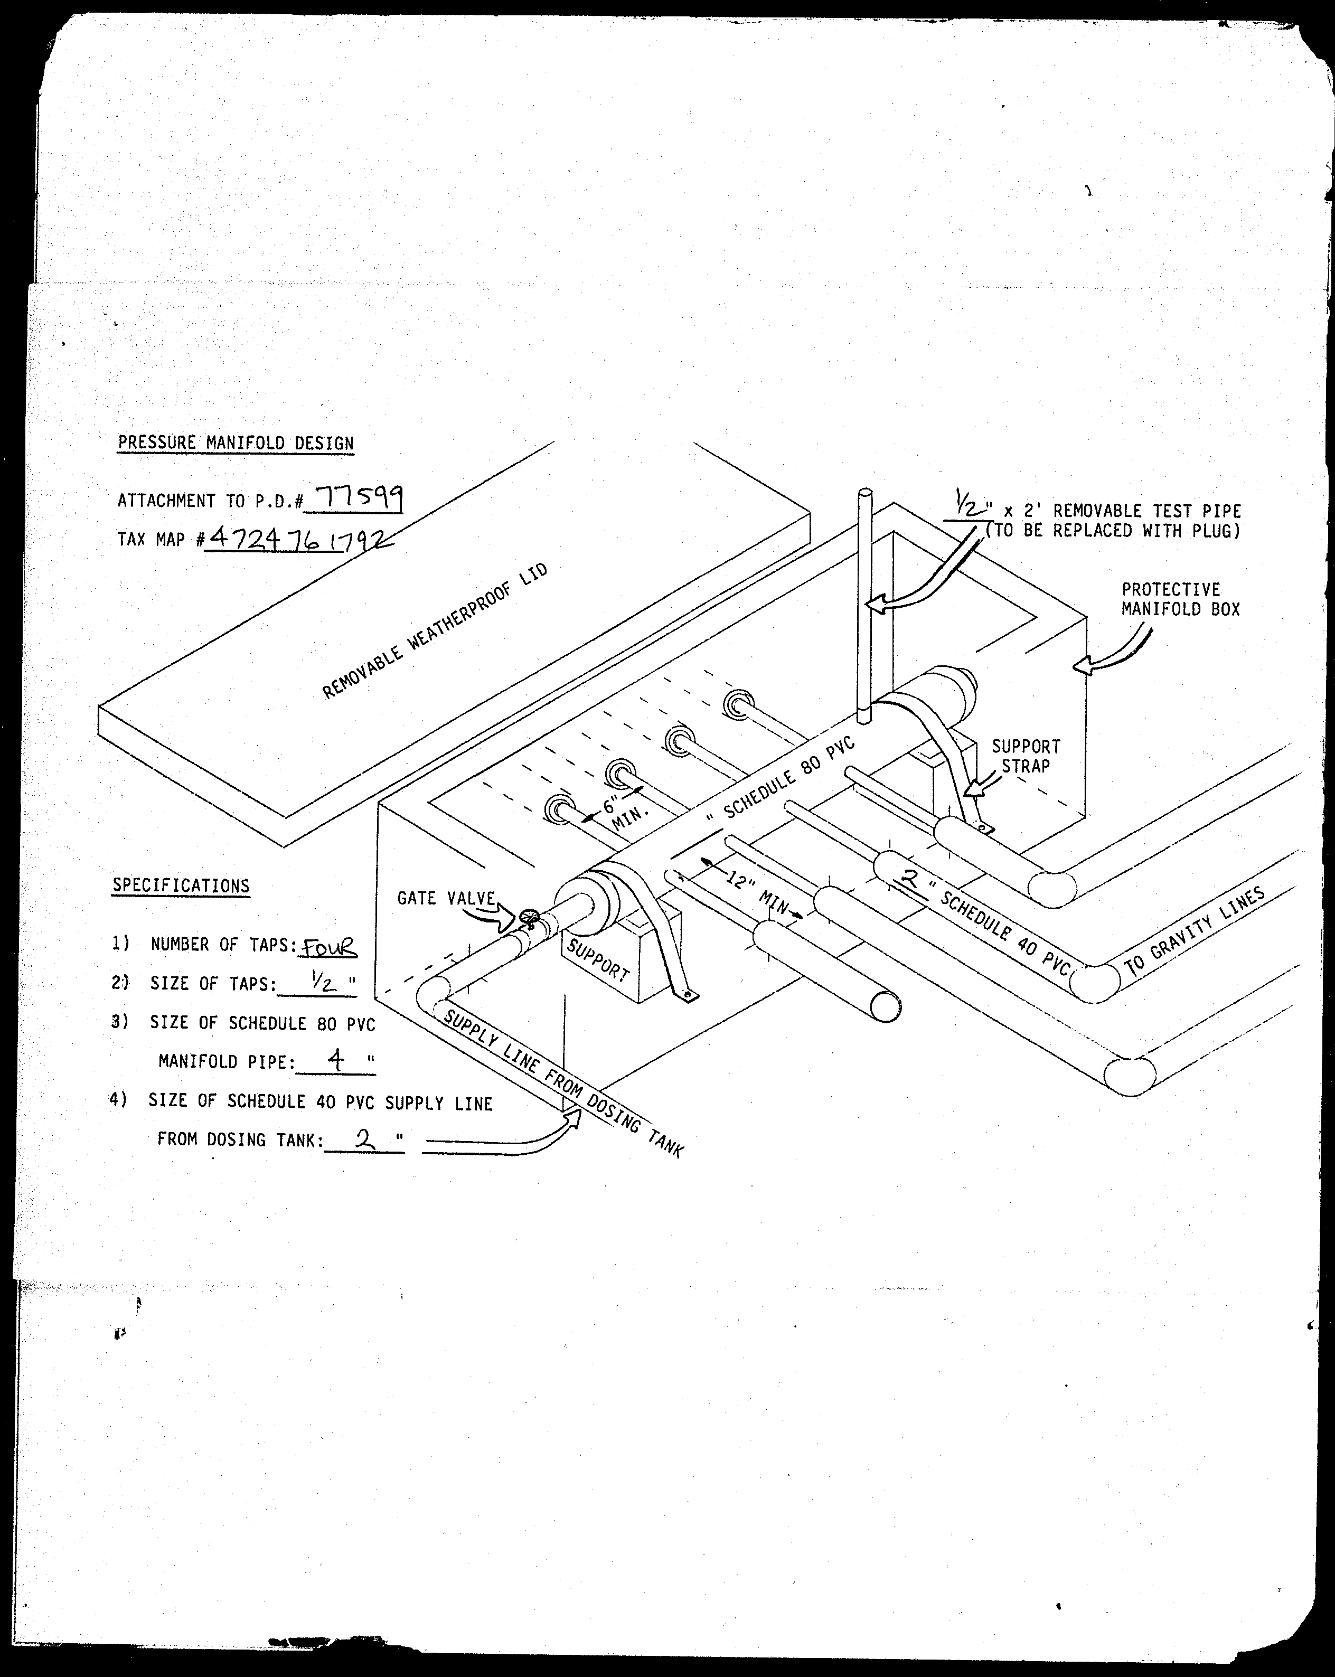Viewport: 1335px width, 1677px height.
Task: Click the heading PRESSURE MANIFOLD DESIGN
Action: click(x=236, y=442)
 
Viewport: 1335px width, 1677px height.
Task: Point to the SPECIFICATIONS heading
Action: click(x=181, y=885)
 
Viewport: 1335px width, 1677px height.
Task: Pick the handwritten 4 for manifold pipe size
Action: click(x=336, y=1061)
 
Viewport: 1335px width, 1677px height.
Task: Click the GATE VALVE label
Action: click(x=446, y=898)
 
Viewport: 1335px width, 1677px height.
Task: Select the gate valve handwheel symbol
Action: click(x=529, y=918)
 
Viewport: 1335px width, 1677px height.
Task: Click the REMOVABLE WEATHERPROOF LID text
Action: click(x=435, y=631)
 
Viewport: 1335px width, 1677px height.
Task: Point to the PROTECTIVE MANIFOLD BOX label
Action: click(x=1181, y=599)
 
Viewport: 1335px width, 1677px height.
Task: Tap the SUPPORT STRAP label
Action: click(x=1026, y=756)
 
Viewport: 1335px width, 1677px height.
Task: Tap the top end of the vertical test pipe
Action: click(x=864, y=492)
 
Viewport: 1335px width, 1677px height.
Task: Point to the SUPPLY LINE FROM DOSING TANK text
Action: click(x=562, y=1082)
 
